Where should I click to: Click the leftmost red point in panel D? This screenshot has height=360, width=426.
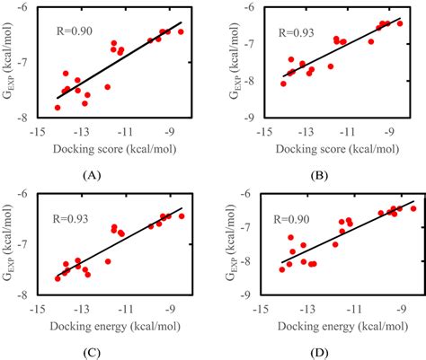pos(282,269)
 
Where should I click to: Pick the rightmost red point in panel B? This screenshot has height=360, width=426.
pos(400,23)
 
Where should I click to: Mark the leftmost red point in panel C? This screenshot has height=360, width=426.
pos(58,278)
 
